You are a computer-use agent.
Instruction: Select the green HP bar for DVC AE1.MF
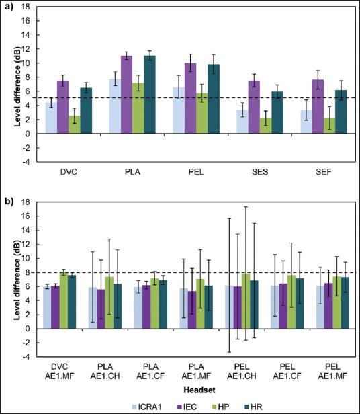coord(62,300)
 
